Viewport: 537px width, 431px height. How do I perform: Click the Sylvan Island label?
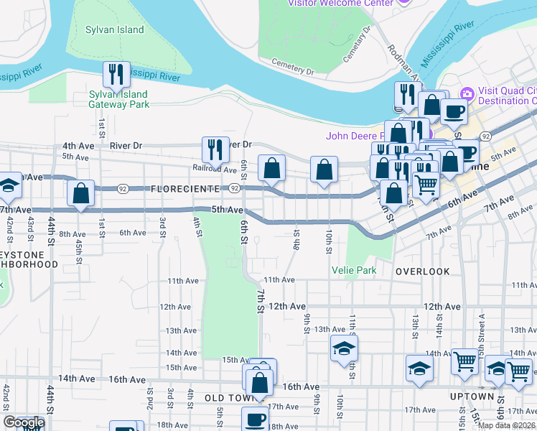click(115, 30)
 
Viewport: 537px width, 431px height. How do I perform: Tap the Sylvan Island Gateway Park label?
click(118, 99)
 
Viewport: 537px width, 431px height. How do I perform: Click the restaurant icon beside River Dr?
click(215, 149)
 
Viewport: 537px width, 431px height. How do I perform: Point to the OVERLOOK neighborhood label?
click(422, 272)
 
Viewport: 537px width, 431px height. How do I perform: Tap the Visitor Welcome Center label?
click(340, 3)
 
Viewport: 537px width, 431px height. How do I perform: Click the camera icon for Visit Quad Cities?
click(467, 93)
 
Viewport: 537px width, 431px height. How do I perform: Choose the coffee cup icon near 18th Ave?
click(254, 419)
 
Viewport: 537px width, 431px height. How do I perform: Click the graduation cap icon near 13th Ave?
click(344, 349)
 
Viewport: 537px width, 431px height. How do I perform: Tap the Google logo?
click(23, 423)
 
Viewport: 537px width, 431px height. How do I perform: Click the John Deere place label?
click(357, 135)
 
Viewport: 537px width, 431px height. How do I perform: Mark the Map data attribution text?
click(507, 425)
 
